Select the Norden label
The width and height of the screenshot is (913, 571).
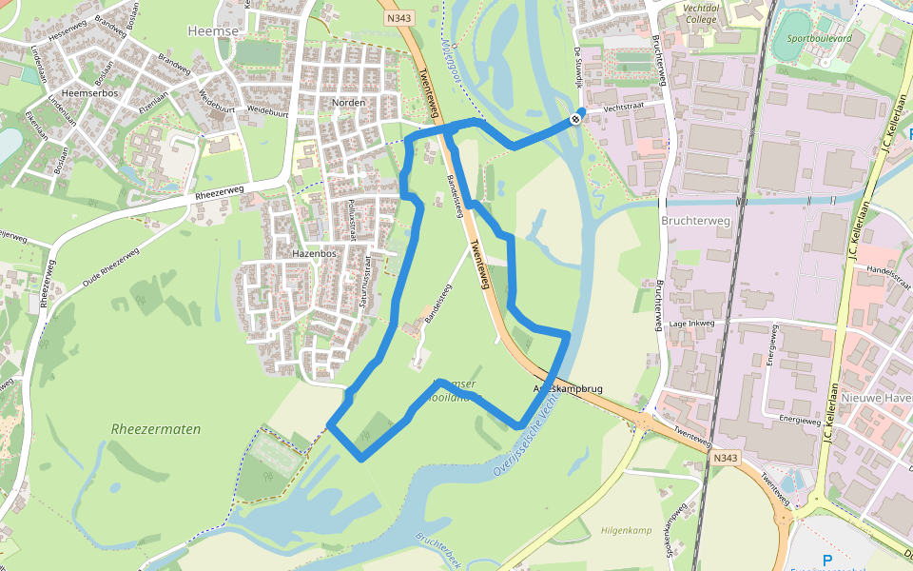[349, 102]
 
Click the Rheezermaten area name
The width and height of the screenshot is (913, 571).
[156, 429]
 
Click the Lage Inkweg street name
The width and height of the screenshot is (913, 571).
[691, 324]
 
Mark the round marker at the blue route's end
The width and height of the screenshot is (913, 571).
[576, 119]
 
